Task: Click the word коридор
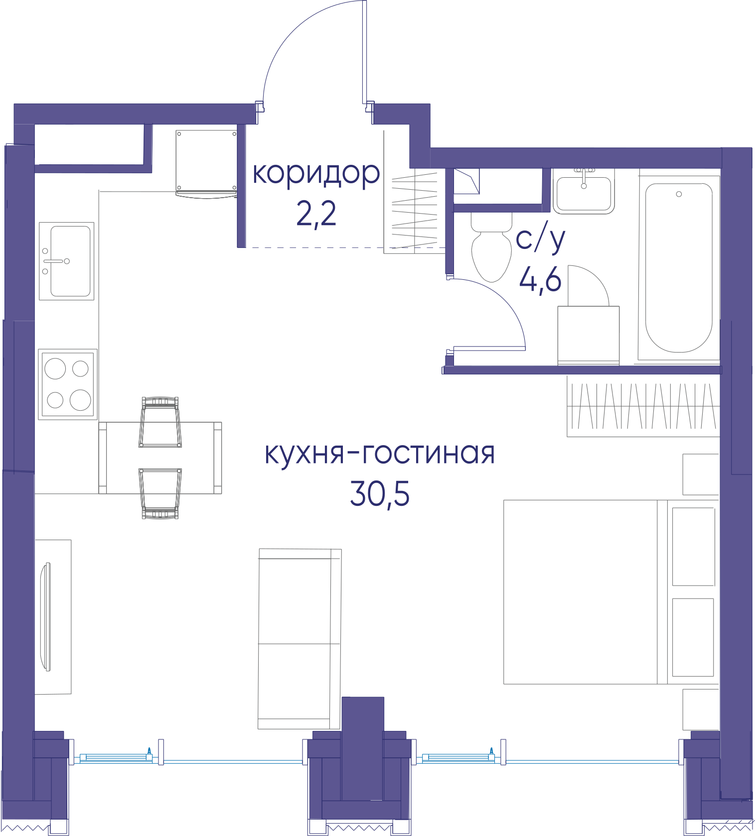(x=316, y=174)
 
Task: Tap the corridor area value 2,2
(x=316, y=214)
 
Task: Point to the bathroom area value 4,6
(x=541, y=280)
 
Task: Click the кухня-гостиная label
(x=380, y=454)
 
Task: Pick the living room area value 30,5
(x=380, y=494)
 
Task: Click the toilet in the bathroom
(x=491, y=247)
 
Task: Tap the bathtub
(x=679, y=268)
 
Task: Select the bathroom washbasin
(x=584, y=191)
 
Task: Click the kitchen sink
(x=67, y=261)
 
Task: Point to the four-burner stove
(x=68, y=384)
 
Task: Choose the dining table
(x=160, y=458)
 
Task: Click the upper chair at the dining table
(x=160, y=422)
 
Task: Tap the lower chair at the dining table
(x=160, y=493)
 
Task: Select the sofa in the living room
(x=300, y=639)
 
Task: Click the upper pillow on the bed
(x=694, y=546)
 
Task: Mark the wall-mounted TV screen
(x=46, y=616)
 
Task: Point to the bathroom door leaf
(x=489, y=349)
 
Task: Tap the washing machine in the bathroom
(x=589, y=336)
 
